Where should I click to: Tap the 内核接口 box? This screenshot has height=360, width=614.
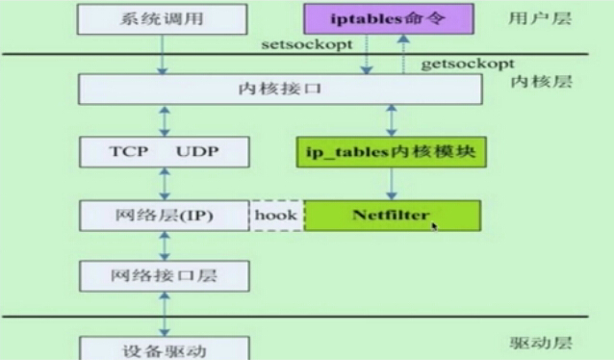click(x=279, y=90)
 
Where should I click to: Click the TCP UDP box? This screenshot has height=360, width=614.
click(x=163, y=152)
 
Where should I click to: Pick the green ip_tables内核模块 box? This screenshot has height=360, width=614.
click(x=391, y=152)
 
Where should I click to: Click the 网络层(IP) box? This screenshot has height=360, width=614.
click(x=163, y=216)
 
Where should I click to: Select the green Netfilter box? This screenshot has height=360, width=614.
click(x=392, y=216)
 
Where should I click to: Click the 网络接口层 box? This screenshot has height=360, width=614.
click(x=163, y=276)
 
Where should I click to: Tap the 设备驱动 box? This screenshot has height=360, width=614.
click(x=163, y=348)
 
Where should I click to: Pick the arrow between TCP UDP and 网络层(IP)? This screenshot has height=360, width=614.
click(x=164, y=184)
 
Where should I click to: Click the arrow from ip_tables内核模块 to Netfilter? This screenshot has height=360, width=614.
click(x=391, y=184)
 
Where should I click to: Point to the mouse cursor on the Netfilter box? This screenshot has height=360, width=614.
click(x=434, y=226)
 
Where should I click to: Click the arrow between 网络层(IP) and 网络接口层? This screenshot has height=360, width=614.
click(x=164, y=245)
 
